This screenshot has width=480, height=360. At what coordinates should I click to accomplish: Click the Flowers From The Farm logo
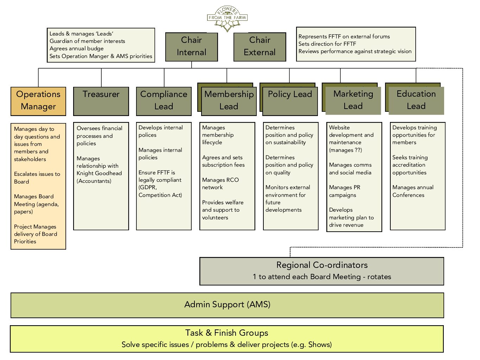point(227,18)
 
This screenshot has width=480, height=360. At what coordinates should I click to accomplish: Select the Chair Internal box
point(191,46)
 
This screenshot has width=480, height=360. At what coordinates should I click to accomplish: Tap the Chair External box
point(260,46)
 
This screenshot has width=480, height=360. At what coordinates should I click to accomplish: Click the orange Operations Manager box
point(38,101)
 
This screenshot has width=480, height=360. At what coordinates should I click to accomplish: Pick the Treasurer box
point(101,101)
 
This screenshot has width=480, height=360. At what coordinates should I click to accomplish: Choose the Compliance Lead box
point(164,101)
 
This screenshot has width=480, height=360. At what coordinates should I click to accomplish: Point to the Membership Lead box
point(229,101)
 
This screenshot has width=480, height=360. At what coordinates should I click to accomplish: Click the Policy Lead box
point(290,101)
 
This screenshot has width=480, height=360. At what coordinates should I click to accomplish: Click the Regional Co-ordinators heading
point(322,265)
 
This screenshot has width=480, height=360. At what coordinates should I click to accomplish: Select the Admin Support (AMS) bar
point(227,305)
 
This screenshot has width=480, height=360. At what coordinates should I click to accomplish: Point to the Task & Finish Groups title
point(226,333)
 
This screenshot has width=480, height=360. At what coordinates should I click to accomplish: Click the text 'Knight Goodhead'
point(99,173)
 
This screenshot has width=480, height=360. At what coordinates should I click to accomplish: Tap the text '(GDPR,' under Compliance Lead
point(148,187)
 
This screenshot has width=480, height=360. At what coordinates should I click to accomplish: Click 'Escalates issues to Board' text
point(37,178)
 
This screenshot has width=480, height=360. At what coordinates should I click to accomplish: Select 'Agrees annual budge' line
point(77,49)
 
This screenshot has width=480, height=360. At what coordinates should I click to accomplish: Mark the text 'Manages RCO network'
point(220,184)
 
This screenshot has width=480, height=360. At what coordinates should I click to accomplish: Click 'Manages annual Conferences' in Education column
point(413,191)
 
